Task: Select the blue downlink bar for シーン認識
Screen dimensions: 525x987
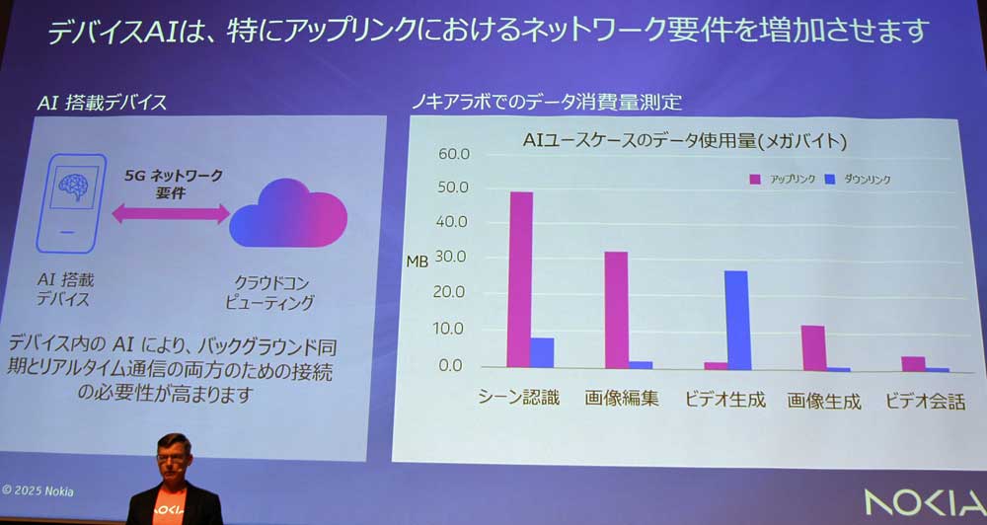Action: point(542,352)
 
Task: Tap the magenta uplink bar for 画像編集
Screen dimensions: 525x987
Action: point(616,309)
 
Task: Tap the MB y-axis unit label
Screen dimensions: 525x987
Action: point(418,262)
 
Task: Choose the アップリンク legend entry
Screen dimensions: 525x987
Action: point(781,179)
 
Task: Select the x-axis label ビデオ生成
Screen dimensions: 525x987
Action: point(725,400)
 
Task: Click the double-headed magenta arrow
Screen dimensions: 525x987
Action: point(170,213)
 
